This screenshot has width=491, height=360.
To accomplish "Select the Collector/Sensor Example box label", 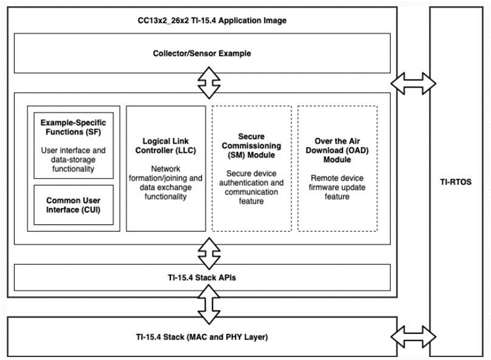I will pos(202,53).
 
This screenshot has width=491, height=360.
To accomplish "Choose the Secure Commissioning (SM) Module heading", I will pos(251,146).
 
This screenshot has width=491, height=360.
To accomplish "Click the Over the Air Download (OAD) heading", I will pos(338,150).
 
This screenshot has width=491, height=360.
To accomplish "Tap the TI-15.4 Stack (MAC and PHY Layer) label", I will pos(202,336).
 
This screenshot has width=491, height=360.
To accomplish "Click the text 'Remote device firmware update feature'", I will pos(338,187).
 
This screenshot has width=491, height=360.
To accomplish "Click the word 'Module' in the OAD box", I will pos(338,160).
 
